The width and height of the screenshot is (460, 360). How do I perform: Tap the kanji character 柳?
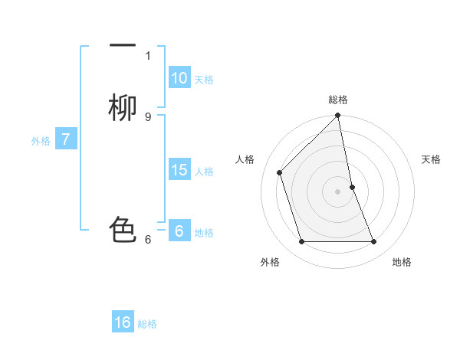pyautogui.click(x=123, y=108)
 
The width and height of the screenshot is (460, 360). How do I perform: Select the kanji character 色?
pyautogui.click(x=123, y=229)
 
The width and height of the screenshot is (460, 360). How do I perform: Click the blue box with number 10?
pyautogui.click(x=179, y=78)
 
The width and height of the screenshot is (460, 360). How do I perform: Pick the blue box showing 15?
pyautogui.click(x=179, y=170)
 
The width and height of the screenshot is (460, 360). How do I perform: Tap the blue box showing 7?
pyautogui.click(x=66, y=139)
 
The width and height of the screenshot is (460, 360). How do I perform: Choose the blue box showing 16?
pyautogui.click(x=123, y=322)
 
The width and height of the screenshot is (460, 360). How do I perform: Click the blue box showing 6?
pyautogui.click(x=179, y=231)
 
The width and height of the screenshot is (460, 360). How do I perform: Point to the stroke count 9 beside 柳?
pyautogui.click(x=148, y=116)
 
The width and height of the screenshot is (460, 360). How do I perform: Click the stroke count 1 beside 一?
pyautogui.click(x=148, y=55)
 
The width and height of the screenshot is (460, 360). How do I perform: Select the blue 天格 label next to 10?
pyautogui.click(x=204, y=80)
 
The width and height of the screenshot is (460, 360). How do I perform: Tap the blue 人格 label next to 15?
pyautogui.click(x=204, y=172)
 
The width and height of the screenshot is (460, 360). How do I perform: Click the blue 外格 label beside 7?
pyautogui.click(x=41, y=141)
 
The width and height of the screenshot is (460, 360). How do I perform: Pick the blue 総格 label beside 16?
pyautogui.click(x=147, y=324)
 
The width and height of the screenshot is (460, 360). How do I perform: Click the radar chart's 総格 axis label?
pyautogui.click(x=338, y=100)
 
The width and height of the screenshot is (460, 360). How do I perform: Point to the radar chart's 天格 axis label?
pyautogui.click(x=432, y=159)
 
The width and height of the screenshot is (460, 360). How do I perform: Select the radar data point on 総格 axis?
pyautogui.click(x=338, y=116)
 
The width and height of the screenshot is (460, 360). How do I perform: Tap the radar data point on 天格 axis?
pyautogui.click(x=352, y=187)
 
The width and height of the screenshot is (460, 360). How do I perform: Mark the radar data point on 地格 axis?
pyautogui.click(x=374, y=242)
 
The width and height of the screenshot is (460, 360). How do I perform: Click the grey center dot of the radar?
pyautogui.click(x=338, y=191)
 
